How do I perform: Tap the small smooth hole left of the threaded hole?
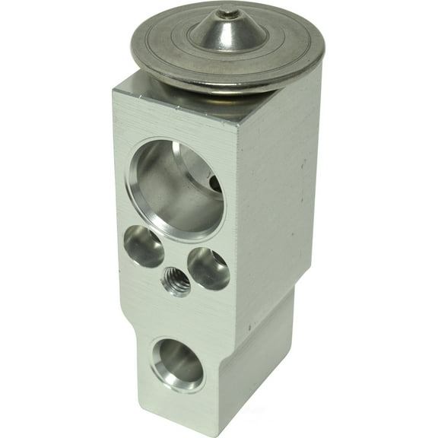click(144, 247)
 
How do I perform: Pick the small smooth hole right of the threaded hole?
click(208, 268)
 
